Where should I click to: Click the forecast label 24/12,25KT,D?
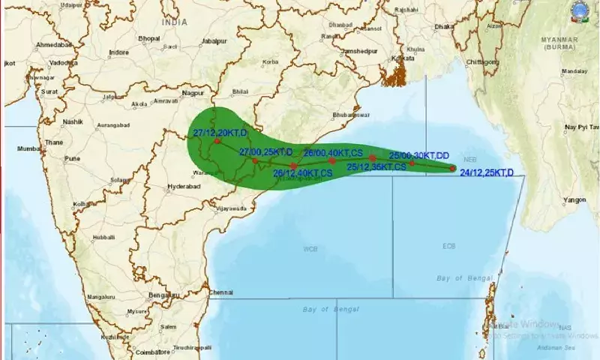(487, 173)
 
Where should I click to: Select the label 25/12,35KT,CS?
(376, 166)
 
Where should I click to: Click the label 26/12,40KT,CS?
(302, 173)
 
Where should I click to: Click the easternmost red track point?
(452, 168)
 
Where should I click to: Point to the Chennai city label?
(223, 291)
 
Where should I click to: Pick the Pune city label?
(73, 159)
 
